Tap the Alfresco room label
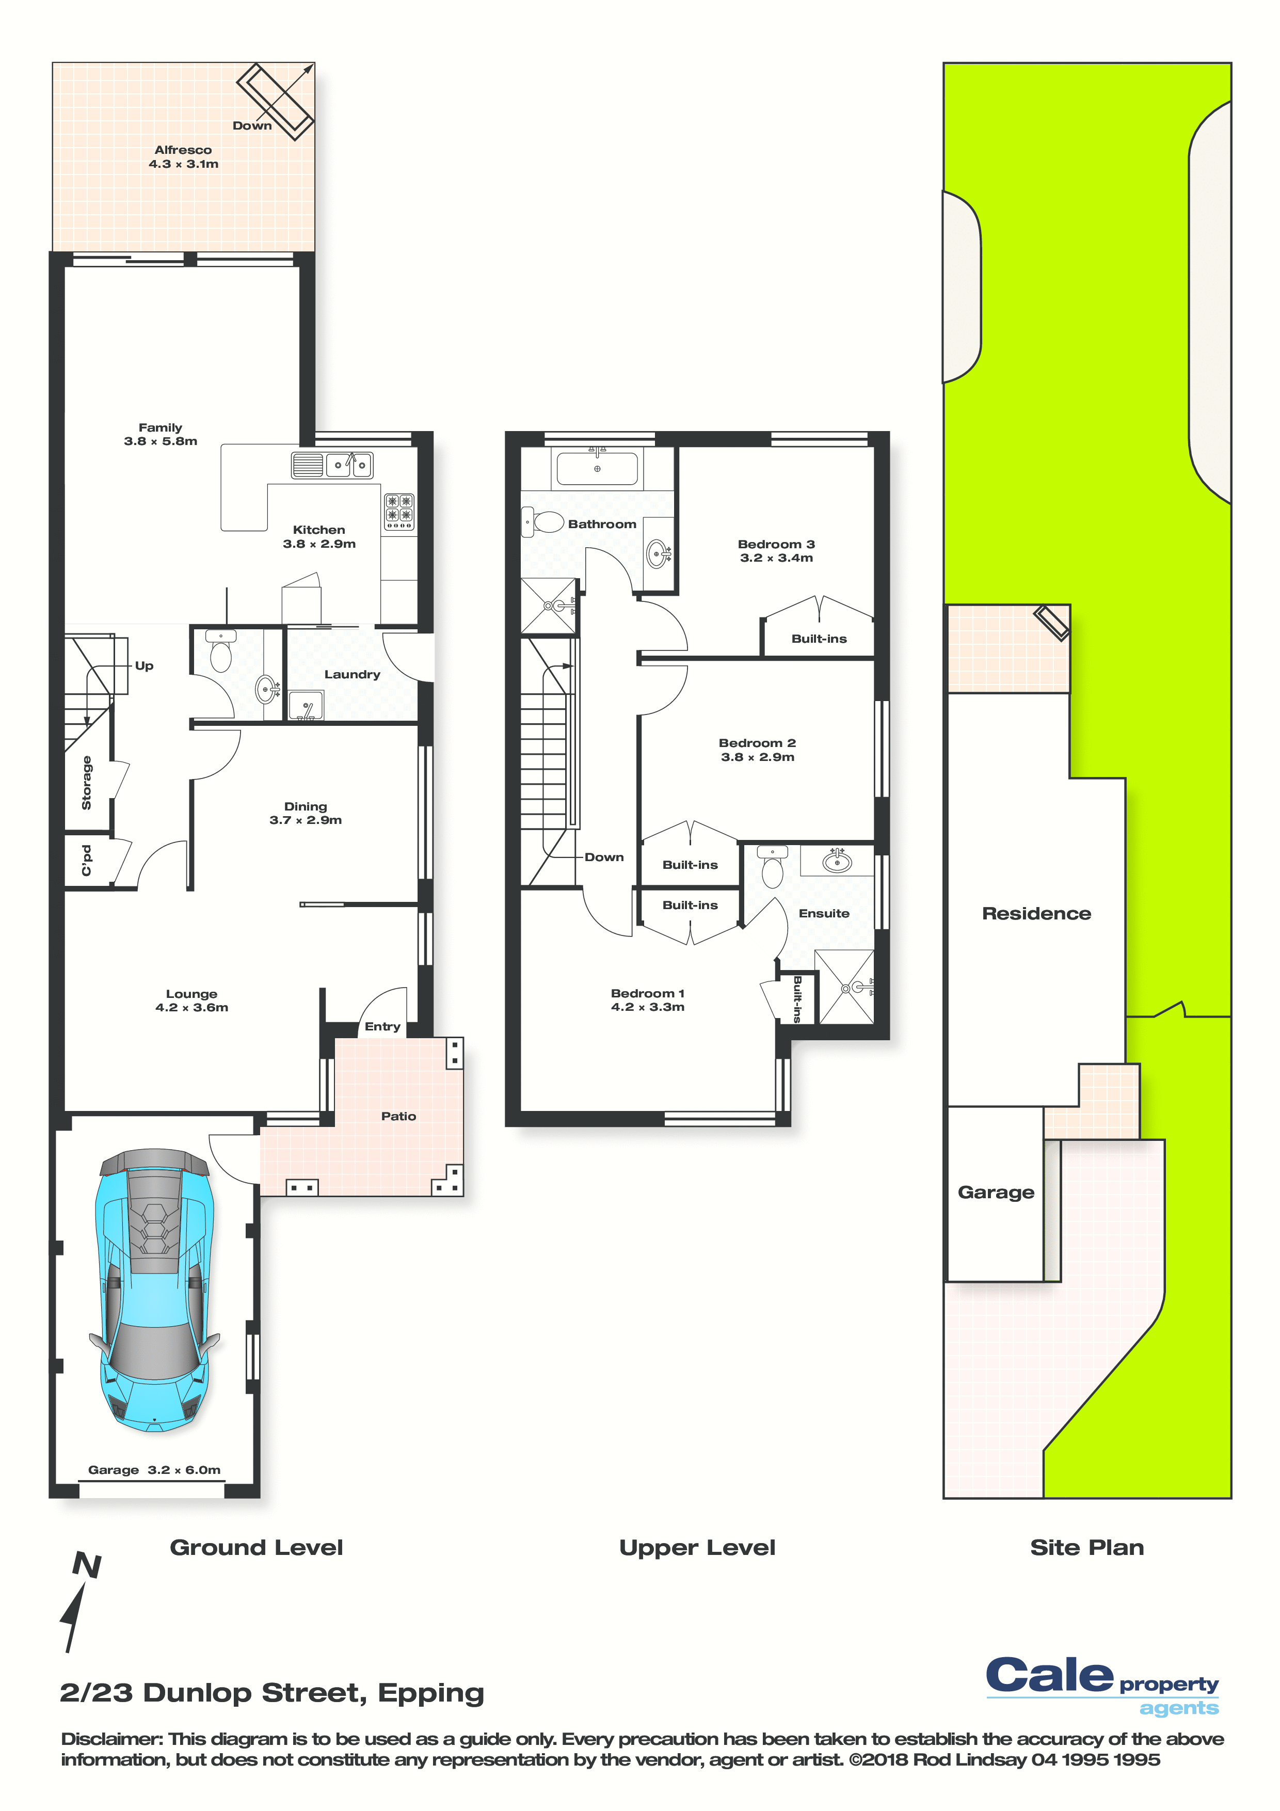(x=183, y=150)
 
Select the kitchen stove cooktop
(x=399, y=511)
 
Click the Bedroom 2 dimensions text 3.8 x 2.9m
(x=757, y=757)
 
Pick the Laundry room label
(x=352, y=674)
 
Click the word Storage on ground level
(x=87, y=783)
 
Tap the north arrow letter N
(x=87, y=1566)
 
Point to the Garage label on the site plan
(x=996, y=1193)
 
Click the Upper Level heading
(x=697, y=1548)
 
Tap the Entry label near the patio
(x=382, y=1026)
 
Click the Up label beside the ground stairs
(x=145, y=666)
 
